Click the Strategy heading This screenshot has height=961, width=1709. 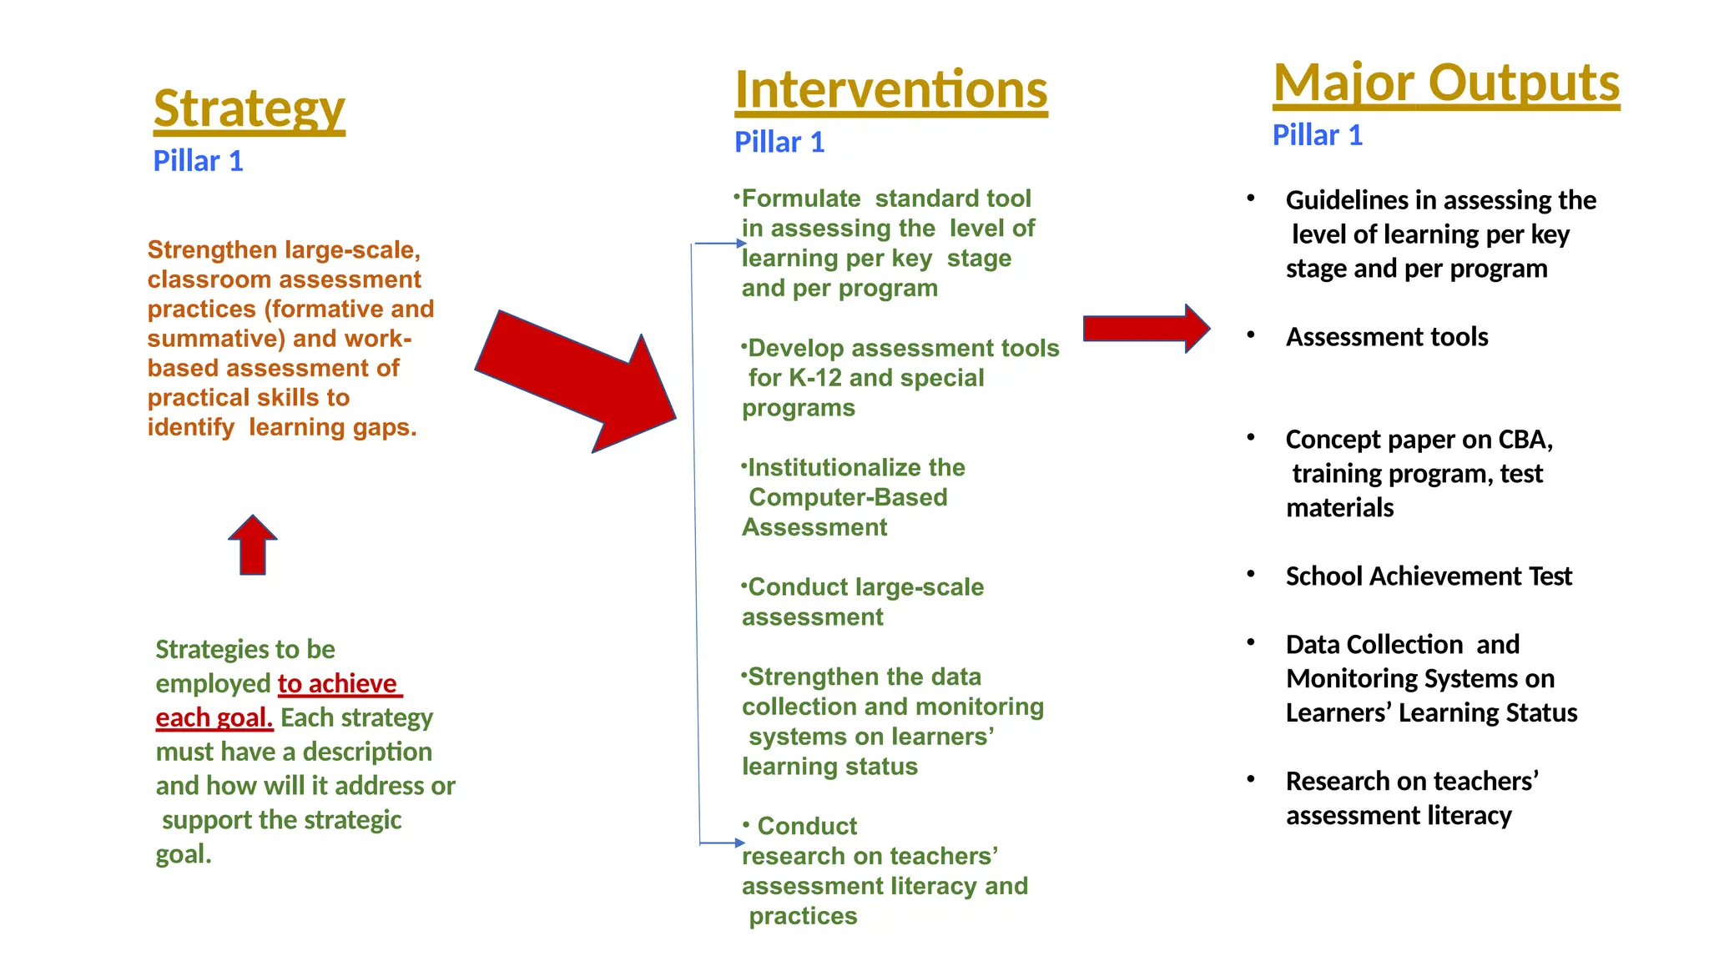(249, 109)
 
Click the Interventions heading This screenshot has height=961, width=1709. (890, 90)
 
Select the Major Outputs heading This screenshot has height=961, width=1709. (1445, 83)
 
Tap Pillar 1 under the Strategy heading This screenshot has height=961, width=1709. (198, 161)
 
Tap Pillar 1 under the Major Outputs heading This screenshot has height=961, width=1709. (1317, 135)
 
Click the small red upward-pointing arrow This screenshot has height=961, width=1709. (252, 546)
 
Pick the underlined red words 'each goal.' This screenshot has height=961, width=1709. (214, 718)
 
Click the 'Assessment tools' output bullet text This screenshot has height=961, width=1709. (1386, 337)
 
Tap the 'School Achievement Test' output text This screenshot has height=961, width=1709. (1428, 576)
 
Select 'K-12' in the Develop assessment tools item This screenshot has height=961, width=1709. (815, 378)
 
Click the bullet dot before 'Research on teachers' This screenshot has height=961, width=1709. (1250, 780)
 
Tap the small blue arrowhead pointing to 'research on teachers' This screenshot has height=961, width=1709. (739, 843)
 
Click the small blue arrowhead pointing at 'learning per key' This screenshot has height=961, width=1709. (741, 244)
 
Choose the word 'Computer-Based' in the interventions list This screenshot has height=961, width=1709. (848, 497)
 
